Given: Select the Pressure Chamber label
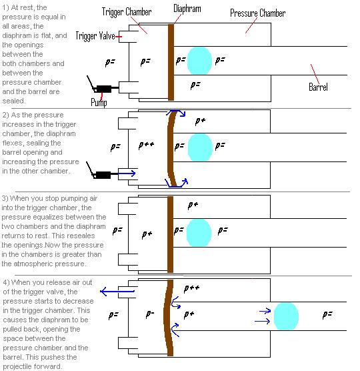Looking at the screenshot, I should (x=259, y=13).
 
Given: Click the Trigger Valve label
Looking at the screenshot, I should (x=97, y=36).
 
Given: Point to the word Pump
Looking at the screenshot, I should (x=99, y=102).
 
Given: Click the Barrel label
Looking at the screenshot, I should (x=319, y=87).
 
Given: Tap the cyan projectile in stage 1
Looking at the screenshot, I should (x=199, y=61).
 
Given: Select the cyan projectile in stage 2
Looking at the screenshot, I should (x=199, y=146).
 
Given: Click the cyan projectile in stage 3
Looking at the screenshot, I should (x=199, y=232).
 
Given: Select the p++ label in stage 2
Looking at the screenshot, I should (x=146, y=144).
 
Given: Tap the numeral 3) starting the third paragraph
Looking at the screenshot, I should (x=6, y=199).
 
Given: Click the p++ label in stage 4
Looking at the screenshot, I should (x=192, y=288).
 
